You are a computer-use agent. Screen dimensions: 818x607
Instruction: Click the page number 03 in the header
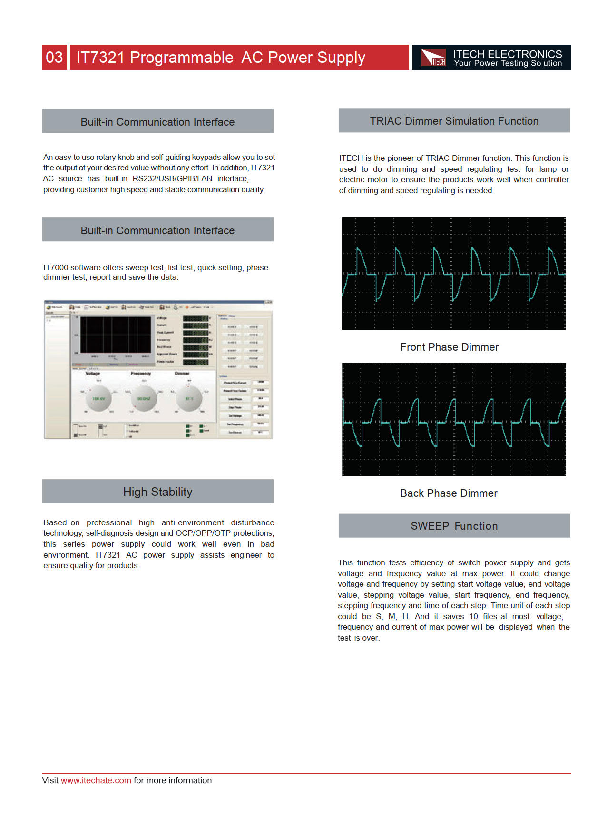pos(54,58)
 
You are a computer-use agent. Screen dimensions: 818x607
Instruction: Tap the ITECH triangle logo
pos(433,58)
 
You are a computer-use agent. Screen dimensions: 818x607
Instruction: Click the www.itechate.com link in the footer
pos(96,780)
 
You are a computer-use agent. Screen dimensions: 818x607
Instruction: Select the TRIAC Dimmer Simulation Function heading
pos(454,121)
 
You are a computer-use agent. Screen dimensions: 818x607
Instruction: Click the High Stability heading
pos(157,492)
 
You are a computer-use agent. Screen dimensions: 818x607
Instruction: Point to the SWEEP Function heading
pos(454,526)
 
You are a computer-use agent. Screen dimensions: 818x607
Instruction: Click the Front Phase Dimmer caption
pos(449,347)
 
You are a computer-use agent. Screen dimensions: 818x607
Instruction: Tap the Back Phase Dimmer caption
pos(449,493)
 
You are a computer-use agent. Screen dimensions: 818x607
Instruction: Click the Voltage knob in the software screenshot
pos(99,398)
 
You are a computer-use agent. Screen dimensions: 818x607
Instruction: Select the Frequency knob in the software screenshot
pos(144,398)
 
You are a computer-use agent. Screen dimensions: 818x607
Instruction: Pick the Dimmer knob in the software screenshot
pos(189,398)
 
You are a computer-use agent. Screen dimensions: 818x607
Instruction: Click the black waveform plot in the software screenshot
pos(115,335)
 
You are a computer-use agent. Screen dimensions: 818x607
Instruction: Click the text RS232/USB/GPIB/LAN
pos(172,178)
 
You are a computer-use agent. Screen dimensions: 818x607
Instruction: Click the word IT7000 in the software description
pos(56,267)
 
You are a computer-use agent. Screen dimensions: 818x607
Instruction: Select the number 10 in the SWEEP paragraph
pos(473,616)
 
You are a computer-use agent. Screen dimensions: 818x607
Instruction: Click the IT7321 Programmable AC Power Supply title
pos(221,58)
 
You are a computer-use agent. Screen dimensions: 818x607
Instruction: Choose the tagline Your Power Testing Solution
pos(508,63)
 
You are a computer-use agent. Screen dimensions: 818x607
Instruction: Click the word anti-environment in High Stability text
pos(193,522)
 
